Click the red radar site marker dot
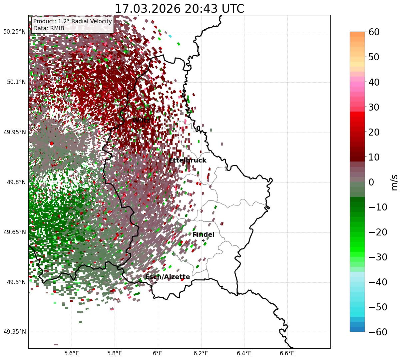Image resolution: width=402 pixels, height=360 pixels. tap(52, 144)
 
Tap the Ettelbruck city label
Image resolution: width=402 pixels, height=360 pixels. tap(188, 161)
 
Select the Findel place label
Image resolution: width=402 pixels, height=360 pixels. tap(203, 235)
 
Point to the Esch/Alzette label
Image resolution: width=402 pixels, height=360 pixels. tap(168, 277)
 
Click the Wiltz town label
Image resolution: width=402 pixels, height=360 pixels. tap(141, 120)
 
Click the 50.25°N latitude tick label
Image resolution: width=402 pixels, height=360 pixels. tap(14, 32)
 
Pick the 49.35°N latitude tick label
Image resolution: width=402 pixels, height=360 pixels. tap(14, 332)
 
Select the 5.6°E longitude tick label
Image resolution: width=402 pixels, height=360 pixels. tap(72, 353)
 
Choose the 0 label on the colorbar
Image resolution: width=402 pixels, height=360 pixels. tap(371, 182)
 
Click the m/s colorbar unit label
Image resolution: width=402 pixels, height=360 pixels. tap(394, 182)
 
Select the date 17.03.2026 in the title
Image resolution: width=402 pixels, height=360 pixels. tap(142, 9)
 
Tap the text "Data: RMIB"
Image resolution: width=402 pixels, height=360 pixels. tap(49, 29)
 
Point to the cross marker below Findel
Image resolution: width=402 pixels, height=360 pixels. tap(203, 240)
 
